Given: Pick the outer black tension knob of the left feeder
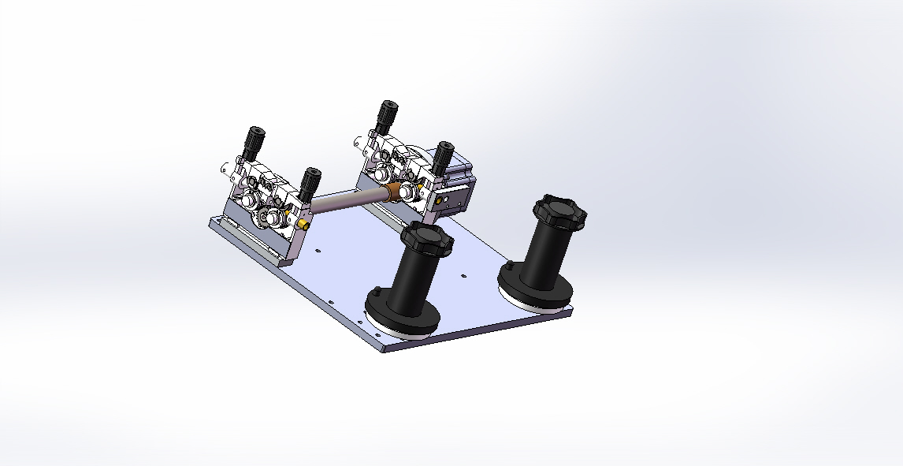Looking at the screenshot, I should (x=255, y=142).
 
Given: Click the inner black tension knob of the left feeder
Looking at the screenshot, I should (x=310, y=184).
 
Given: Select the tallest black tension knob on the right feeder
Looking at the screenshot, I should (x=386, y=116).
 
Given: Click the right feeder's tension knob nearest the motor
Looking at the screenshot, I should (x=444, y=157).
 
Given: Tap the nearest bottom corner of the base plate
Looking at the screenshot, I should (x=384, y=349).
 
